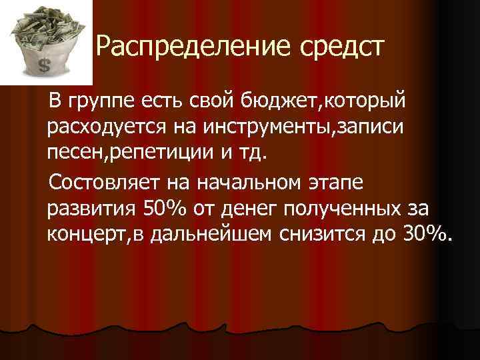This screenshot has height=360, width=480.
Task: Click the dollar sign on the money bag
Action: tap(45, 65)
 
